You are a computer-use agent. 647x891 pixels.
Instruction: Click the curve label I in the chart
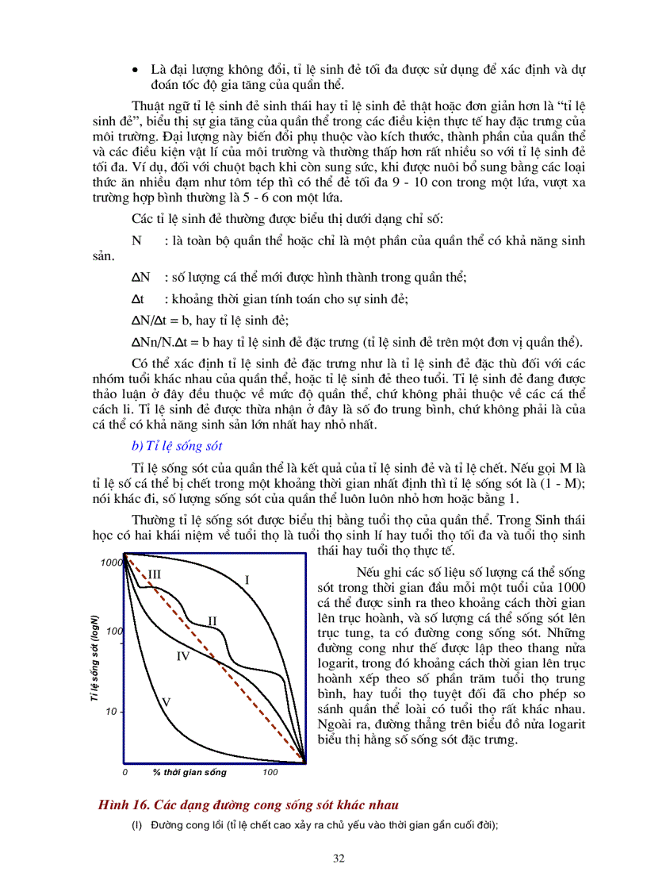(x=247, y=580)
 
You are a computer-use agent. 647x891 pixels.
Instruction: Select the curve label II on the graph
(x=212, y=620)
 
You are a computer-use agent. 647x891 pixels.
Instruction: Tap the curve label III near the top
(x=155, y=573)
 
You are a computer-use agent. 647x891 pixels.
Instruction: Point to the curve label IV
(x=182, y=656)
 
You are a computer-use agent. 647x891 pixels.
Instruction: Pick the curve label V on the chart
(x=167, y=701)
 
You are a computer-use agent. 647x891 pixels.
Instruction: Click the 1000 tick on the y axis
(x=111, y=563)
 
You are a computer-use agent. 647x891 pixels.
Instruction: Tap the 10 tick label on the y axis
(x=112, y=712)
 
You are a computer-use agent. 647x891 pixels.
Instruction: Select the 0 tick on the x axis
(x=124, y=772)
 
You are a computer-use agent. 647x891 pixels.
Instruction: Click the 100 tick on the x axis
(x=270, y=772)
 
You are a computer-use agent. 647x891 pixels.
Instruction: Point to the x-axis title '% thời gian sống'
(x=190, y=772)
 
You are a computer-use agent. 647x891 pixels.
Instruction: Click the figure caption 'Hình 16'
(x=123, y=805)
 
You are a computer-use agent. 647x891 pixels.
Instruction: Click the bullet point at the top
(x=136, y=71)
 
